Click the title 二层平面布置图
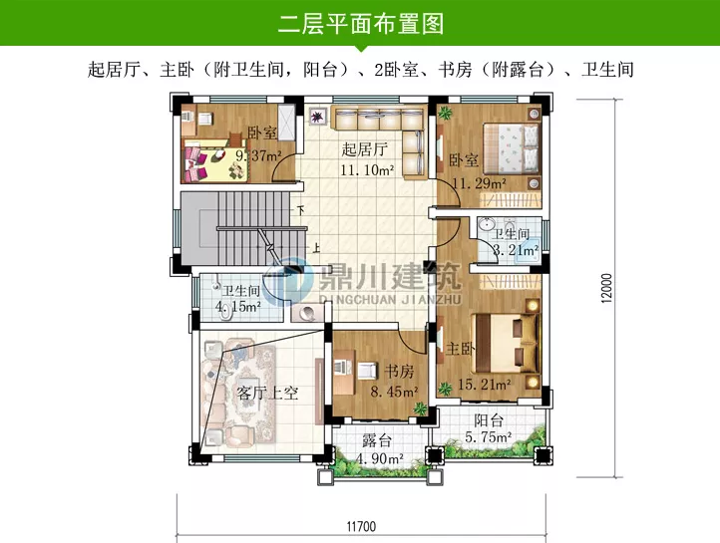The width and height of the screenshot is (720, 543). pos(360,23)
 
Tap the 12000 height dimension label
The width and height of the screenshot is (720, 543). pos(605,291)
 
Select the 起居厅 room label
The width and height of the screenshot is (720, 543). pos(364,150)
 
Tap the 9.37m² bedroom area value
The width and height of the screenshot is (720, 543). pos(257,155)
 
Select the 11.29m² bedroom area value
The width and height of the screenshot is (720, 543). pos(480,183)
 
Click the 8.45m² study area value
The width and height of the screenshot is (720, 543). pos(393,393)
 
